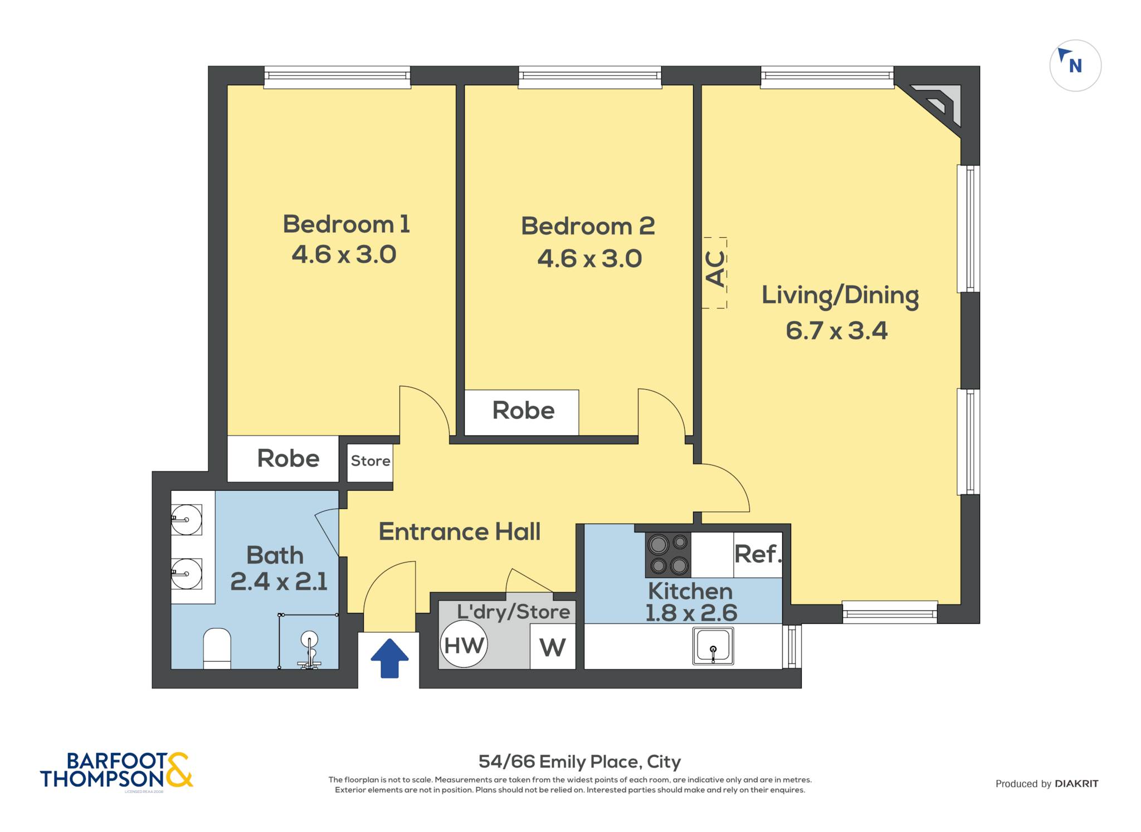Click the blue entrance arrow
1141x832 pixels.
coord(389,658)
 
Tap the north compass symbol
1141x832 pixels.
coord(1075,66)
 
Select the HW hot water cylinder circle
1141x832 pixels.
coord(464,645)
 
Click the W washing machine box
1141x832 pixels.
coord(552,647)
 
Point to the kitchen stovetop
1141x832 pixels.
coord(668,555)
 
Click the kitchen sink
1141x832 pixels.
coord(713,646)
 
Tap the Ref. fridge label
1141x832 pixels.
coord(758,554)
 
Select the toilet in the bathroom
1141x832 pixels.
coord(217,648)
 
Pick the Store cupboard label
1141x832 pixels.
coord(370,461)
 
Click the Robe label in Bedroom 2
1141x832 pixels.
coord(523,410)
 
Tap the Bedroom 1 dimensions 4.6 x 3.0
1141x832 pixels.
coord(344,255)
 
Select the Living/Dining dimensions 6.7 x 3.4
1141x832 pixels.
coord(836,331)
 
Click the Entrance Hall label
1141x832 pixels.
coord(460,532)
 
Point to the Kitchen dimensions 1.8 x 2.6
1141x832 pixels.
coord(691,613)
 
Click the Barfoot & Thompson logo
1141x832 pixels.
coord(116,771)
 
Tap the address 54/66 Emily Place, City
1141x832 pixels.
coord(579,761)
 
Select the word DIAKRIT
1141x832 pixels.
coord(1076,784)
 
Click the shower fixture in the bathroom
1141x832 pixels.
coord(309,649)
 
